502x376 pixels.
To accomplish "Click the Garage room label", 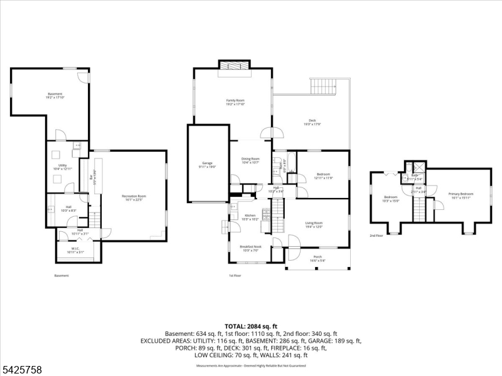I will [208, 165].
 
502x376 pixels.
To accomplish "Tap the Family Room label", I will [235, 102].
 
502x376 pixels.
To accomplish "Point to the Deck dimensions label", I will [312, 124].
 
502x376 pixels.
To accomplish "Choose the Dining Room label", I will [250, 160].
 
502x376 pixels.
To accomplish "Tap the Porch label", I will [318, 258].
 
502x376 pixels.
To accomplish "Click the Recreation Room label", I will [134, 198].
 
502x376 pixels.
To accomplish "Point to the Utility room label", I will [63, 167].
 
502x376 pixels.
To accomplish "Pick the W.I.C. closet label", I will [75, 250].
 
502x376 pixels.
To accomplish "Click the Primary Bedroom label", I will [461, 196].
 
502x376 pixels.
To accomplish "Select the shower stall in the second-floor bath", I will [414, 169].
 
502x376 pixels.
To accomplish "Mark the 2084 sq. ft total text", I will [251, 326].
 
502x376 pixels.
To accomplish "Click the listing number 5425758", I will [22, 370].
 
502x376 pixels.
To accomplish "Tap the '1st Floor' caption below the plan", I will [235, 275].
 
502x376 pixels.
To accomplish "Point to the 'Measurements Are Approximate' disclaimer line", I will [251, 364].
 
